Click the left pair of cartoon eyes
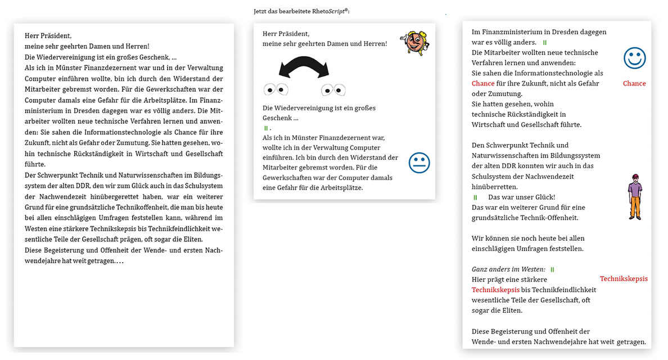pyautogui.click(x=276, y=89)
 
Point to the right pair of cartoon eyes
pyautogui.click(x=333, y=89)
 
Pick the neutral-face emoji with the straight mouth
pyautogui.click(x=419, y=163)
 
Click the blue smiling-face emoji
pyautogui.click(x=634, y=58)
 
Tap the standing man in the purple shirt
pyautogui.click(x=635, y=197)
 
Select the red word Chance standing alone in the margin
pyautogui.click(x=634, y=83)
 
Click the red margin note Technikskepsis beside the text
pyautogui.click(x=624, y=278)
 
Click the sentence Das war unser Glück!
pyautogui.click(x=521, y=197)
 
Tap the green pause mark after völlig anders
pyautogui.click(x=544, y=43)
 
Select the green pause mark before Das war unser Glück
pyautogui.click(x=476, y=197)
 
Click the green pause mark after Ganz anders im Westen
pyautogui.click(x=552, y=269)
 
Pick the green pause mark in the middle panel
pyautogui.click(x=266, y=128)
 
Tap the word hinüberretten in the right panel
pyautogui.click(x=495, y=187)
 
